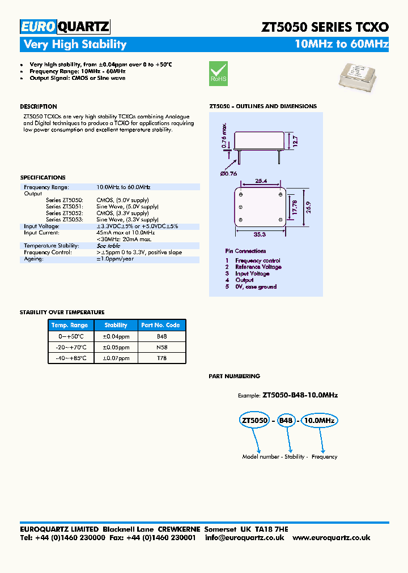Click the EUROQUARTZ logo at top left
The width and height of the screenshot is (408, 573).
coord(65,26)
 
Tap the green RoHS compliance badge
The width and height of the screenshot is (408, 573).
coord(218,73)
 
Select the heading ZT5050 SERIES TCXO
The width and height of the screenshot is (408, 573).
coord(324,27)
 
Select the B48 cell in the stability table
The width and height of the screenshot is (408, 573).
coord(161,336)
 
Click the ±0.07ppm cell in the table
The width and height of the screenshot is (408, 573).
coord(116,358)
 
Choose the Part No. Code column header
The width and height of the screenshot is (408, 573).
coord(161,325)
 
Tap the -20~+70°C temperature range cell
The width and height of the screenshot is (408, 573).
coord(71,347)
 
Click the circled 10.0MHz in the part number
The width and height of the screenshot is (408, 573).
coord(318,421)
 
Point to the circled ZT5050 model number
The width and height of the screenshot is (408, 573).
coord(254,421)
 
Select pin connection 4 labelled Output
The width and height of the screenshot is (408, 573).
coord(244,280)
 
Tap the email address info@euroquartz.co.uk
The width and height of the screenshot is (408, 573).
coord(244,537)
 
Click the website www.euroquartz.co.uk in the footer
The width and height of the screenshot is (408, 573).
coord(331,537)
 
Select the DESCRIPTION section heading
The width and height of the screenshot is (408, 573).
coord(39,106)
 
